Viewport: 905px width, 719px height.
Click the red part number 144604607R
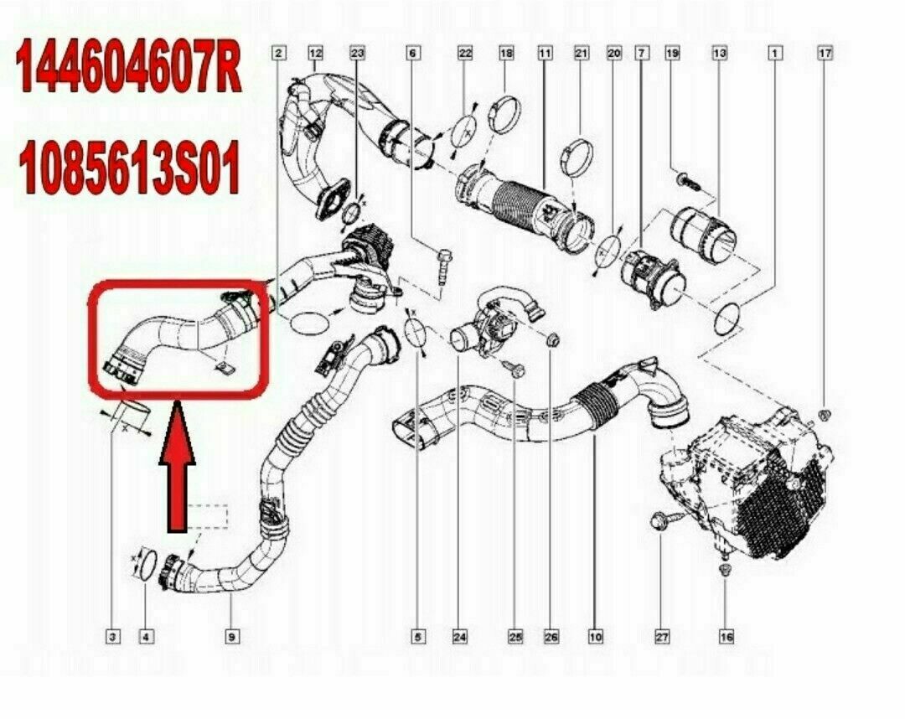[130, 69]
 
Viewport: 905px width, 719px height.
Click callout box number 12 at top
[315, 54]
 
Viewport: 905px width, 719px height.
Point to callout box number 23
[358, 54]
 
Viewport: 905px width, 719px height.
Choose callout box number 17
[825, 54]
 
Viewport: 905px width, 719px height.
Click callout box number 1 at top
[776, 54]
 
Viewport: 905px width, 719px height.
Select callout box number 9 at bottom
[230, 637]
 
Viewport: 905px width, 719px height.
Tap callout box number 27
[662, 637]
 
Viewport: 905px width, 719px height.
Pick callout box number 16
[727, 637]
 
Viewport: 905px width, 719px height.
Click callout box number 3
[111, 637]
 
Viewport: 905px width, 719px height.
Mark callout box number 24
[459, 637]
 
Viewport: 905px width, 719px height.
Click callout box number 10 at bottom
[595, 637]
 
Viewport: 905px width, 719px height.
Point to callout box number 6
[412, 54]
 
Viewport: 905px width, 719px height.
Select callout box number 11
[546, 54]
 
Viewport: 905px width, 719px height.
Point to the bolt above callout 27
[659, 521]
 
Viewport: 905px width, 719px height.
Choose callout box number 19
[671, 54]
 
